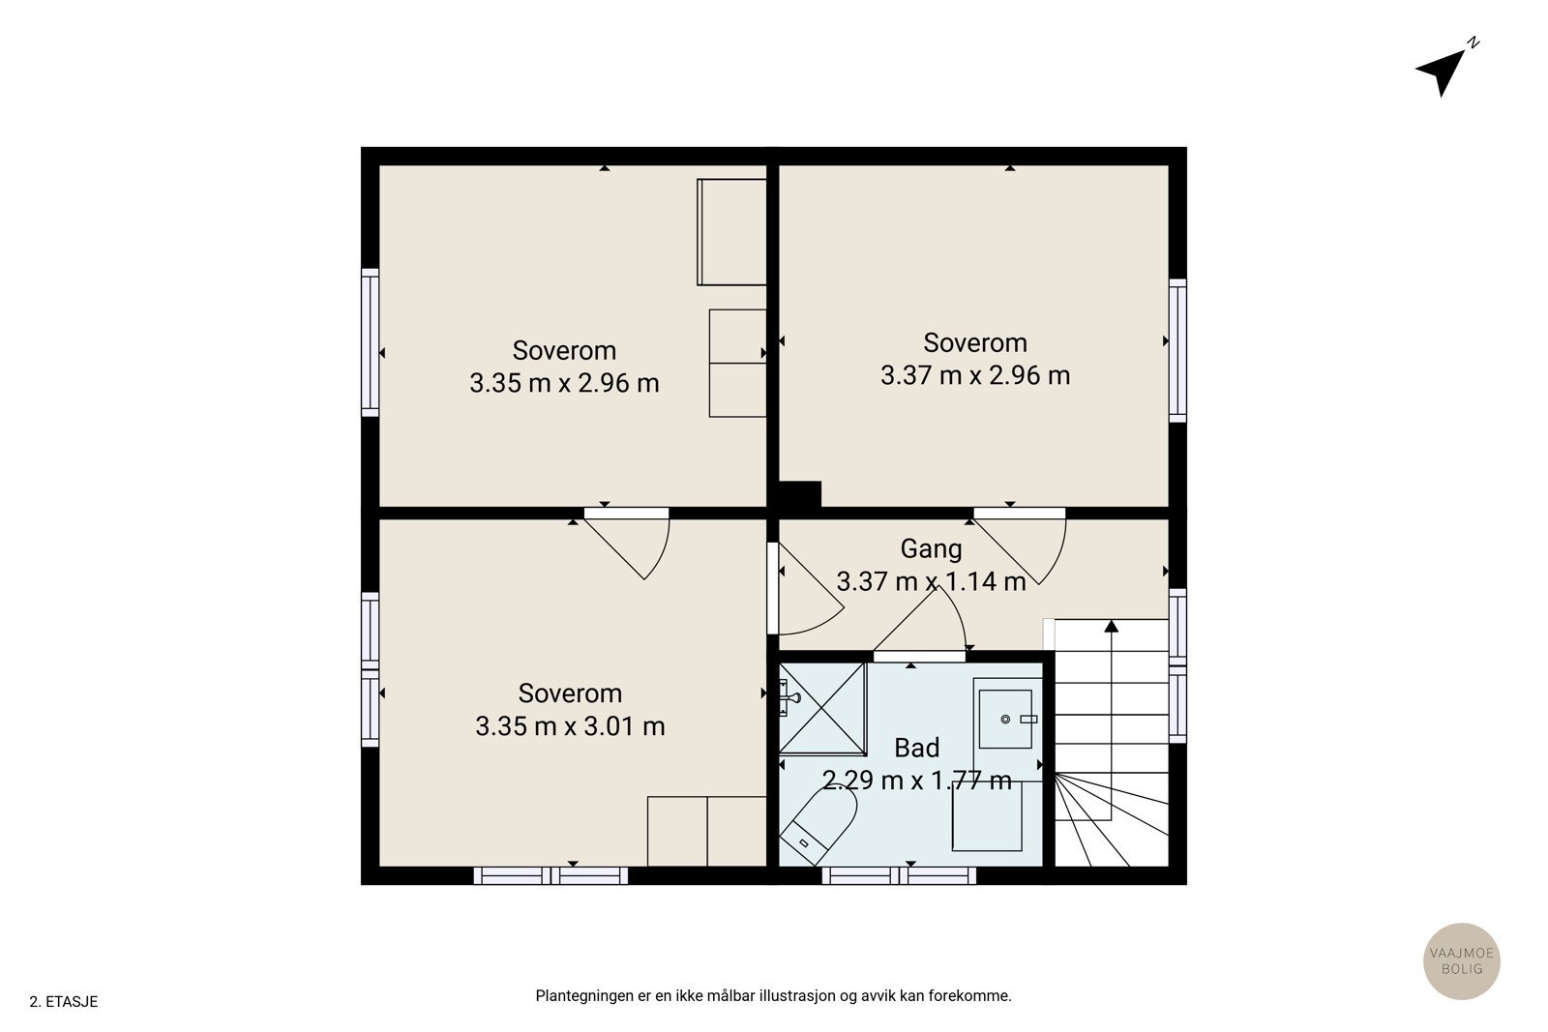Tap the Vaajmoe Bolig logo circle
click(1462, 960)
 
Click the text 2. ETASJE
click(64, 1002)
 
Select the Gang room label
click(931, 549)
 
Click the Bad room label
click(917, 748)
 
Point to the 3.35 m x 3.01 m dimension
click(570, 726)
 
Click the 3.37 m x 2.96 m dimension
click(975, 375)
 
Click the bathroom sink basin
click(1005, 719)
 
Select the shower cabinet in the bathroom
click(822, 709)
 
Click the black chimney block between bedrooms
click(800, 494)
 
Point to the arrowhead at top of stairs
click(1112, 626)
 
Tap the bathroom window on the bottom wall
click(899, 875)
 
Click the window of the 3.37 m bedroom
click(1177, 350)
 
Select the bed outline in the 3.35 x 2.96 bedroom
click(731, 232)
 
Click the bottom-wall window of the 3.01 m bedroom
click(551, 875)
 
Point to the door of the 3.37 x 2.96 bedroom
click(1020, 546)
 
